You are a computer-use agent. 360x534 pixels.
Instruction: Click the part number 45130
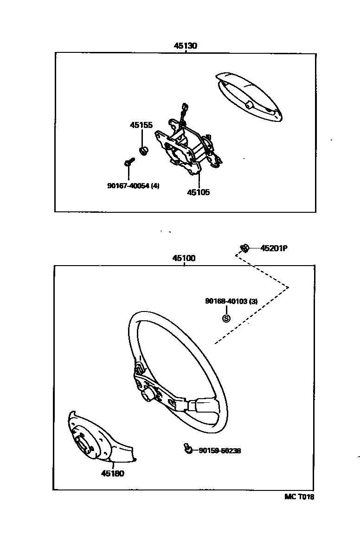(186, 46)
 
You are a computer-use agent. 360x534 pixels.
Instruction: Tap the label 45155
(141, 125)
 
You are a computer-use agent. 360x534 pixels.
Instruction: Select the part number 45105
(198, 192)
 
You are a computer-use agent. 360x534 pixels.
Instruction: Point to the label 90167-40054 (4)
(133, 186)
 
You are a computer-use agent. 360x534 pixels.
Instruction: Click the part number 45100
(184, 259)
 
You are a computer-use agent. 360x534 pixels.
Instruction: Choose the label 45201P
(274, 248)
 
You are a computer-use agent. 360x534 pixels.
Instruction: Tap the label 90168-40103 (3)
(231, 301)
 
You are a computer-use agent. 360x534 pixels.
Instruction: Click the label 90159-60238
(219, 451)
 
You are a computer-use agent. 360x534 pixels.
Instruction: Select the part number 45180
(113, 473)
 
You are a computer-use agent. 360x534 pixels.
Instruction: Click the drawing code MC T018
(299, 496)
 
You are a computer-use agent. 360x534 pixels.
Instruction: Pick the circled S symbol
(226, 318)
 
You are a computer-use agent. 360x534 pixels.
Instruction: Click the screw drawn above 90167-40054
(129, 162)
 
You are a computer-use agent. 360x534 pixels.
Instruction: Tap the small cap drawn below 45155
(144, 150)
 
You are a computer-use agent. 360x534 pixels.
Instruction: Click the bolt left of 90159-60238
(188, 448)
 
